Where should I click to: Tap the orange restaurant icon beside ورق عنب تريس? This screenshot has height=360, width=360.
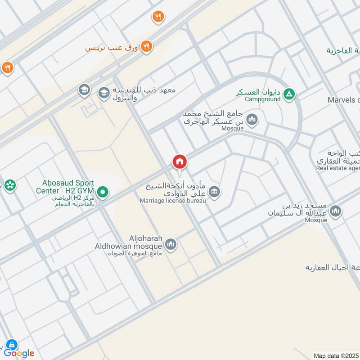pos(146,46)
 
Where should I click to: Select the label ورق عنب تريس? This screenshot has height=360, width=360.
pos(112,47)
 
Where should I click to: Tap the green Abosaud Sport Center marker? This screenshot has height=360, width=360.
pos(103,193)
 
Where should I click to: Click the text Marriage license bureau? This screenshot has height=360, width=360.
pos(172,200)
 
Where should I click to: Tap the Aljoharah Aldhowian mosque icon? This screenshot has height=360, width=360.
pos(171,245)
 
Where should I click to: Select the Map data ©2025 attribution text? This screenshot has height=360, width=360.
pos(336,355)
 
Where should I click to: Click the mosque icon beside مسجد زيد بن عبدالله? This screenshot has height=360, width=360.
pos(335,211)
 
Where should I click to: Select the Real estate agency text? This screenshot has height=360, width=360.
pos(337,168)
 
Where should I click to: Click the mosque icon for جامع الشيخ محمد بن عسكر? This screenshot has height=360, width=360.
pos(252,119)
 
